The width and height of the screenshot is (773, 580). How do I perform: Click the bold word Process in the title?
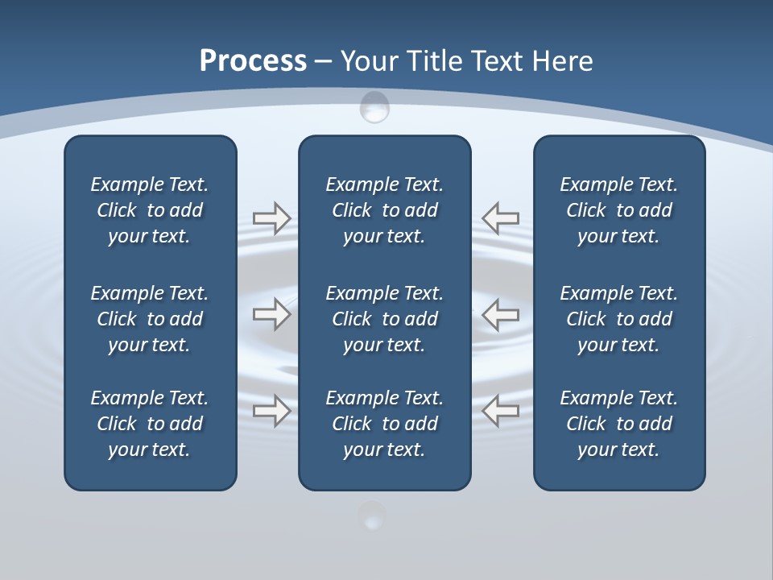pos(253,61)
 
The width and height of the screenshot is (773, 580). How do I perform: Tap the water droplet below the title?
pos(374,107)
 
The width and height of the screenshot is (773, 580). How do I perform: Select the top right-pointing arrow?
pos(271,217)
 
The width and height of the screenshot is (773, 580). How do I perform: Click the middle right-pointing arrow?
pos(271,314)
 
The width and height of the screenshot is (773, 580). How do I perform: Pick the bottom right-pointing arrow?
pos(271,411)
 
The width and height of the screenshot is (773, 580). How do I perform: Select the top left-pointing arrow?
pos(500,217)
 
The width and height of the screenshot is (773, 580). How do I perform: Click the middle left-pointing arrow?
pos(500,314)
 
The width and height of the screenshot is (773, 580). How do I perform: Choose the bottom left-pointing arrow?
pos(500,411)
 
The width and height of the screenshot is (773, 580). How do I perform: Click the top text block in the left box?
pos(150,210)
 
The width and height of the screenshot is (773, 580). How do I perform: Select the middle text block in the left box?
pos(150,319)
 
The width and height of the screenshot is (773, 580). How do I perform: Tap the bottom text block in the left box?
pos(150,424)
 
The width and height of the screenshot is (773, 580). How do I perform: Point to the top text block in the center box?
pos(384,210)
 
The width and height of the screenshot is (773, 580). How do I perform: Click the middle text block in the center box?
pos(384,319)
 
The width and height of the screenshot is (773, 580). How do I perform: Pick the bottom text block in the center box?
pos(384,424)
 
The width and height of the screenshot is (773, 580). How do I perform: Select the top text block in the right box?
pos(618,210)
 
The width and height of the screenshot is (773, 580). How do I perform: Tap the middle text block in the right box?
pos(618,319)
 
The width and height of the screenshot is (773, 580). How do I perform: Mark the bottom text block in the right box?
pos(618,424)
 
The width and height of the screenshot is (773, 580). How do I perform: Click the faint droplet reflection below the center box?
pos(372,516)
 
